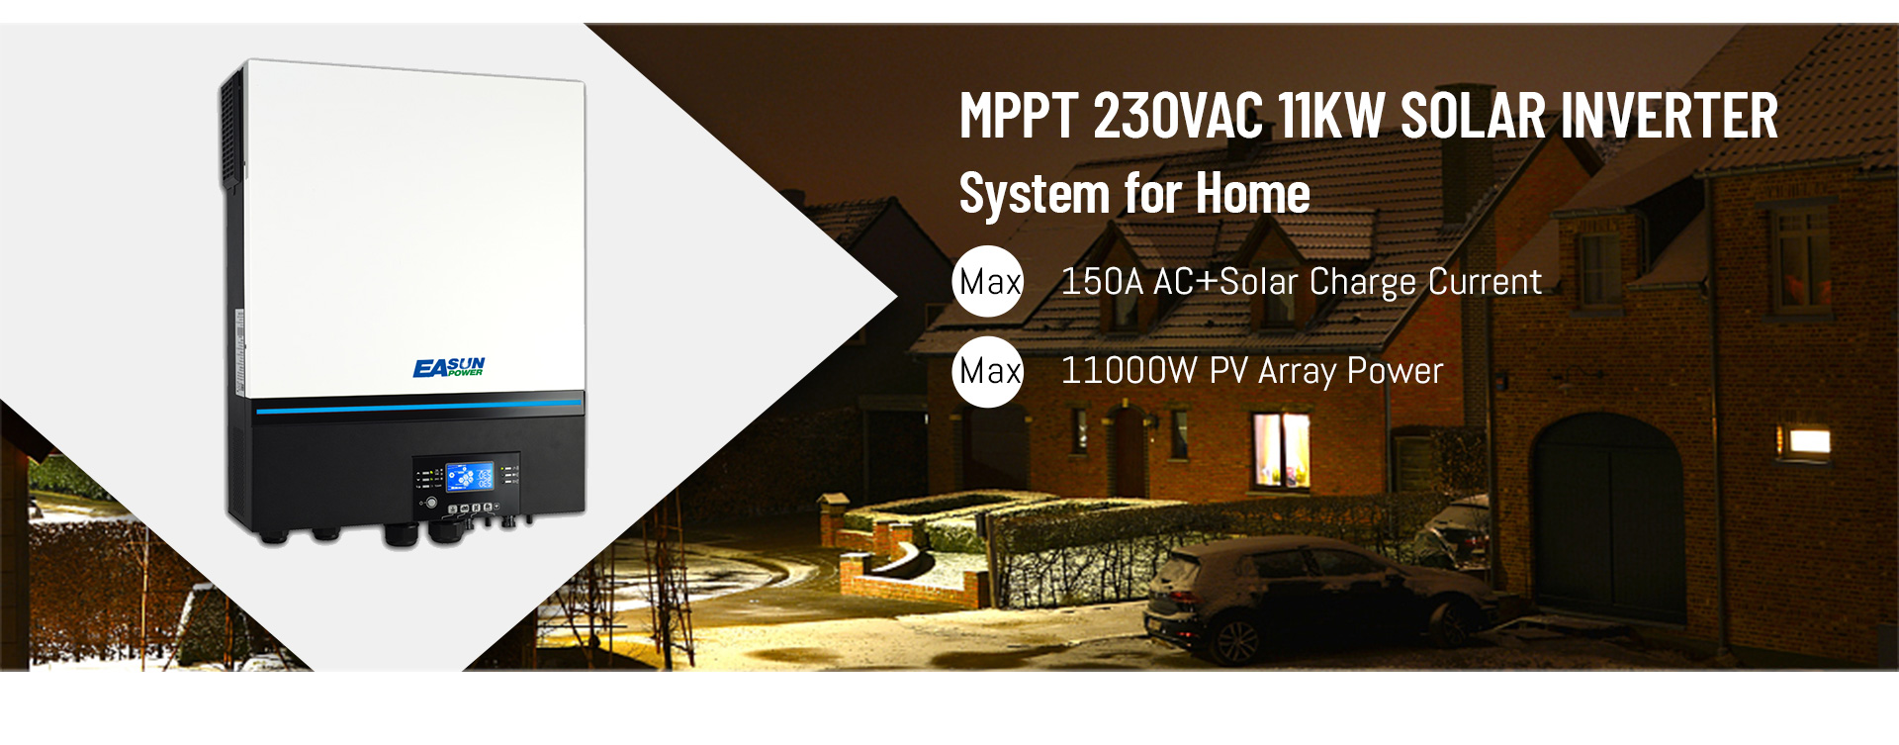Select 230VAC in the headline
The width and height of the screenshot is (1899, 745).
(1179, 116)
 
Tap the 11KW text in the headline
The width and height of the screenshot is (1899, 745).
(1331, 116)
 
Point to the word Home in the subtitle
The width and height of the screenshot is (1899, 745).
(1253, 193)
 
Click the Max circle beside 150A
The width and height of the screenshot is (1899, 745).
(988, 281)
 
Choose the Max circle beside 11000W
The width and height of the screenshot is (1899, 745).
(988, 371)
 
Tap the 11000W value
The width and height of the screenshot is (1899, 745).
(1129, 371)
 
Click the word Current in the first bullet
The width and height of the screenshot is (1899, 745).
(1485, 282)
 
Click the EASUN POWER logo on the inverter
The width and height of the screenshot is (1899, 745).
(449, 368)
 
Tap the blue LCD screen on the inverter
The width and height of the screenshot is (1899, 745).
(469, 477)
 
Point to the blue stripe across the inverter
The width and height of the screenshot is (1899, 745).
(419, 405)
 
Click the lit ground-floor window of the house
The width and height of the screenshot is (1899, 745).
(1281, 450)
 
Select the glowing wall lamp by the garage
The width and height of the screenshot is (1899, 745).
(1803, 441)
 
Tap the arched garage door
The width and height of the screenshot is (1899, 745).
(1607, 518)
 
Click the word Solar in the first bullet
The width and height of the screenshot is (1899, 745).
(1259, 282)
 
